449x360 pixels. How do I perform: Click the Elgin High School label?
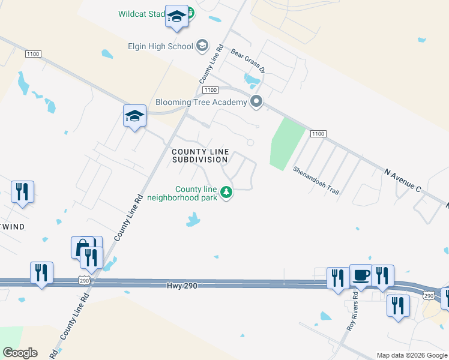point(160,46)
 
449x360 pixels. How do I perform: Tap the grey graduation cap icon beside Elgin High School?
point(202,46)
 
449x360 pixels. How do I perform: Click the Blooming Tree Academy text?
point(201,102)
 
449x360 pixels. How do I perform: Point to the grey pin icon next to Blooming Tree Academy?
point(257,102)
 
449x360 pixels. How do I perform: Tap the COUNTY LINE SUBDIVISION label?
point(200,155)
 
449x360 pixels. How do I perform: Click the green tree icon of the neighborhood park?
point(226,193)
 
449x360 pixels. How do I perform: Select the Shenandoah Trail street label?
point(316,179)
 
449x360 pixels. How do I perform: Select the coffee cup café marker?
point(360,275)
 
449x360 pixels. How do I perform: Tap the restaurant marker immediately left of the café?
point(338,278)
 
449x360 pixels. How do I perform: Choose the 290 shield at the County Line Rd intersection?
point(83,280)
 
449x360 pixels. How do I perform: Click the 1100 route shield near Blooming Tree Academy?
point(209,90)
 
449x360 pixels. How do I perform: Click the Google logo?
point(20,353)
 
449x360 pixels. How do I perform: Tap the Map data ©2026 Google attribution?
point(411,355)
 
